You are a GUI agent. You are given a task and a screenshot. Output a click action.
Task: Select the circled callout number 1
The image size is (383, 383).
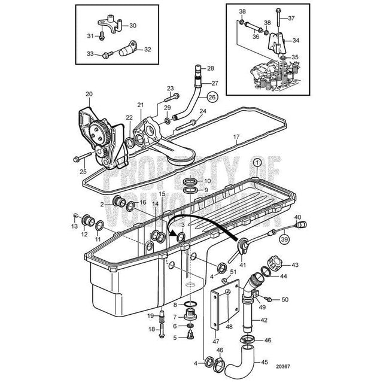256,162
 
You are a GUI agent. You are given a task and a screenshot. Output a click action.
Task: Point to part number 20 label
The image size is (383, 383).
89,94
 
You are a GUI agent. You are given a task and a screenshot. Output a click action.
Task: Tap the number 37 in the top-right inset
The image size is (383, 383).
291,19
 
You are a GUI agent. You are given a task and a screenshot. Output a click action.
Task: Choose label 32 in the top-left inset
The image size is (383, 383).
147,50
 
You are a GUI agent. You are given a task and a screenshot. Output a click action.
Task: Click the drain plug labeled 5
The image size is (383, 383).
190,336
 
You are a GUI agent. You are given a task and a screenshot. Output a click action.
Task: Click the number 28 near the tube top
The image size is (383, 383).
211,69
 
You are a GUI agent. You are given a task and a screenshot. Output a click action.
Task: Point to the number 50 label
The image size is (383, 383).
285,299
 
